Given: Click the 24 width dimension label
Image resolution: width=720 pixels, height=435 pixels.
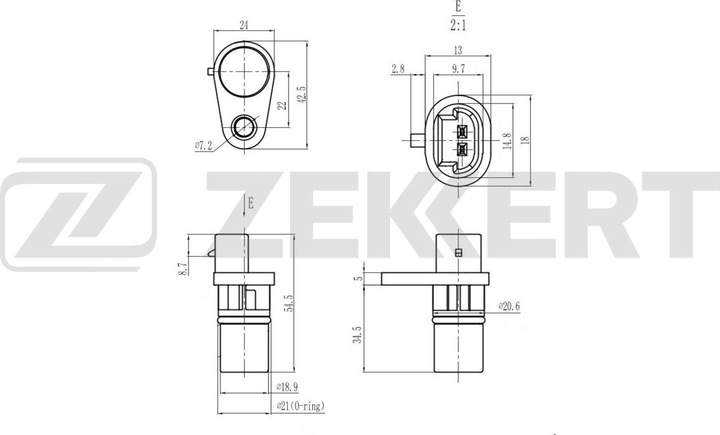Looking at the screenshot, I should pyautogui.click(x=244, y=25).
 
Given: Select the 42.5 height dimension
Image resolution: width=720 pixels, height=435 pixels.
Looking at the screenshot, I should pyautogui.click(x=301, y=95).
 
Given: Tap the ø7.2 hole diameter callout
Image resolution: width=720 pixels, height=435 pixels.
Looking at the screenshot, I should pyautogui.click(x=204, y=145).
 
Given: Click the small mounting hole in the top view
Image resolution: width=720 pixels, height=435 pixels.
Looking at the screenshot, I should pyautogui.click(x=244, y=127).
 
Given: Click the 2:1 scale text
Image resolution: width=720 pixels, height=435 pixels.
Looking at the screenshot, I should pyautogui.click(x=458, y=25).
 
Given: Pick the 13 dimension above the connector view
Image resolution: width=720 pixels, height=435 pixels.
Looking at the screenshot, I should pyautogui.click(x=457, y=50).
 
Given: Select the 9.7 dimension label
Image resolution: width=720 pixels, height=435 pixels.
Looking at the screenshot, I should pyautogui.click(x=458, y=69).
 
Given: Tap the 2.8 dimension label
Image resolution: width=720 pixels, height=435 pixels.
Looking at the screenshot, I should pyautogui.click(x=398, y=69).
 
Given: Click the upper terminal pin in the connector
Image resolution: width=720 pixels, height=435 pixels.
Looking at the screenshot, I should pyautogui.click(x=463, y=131).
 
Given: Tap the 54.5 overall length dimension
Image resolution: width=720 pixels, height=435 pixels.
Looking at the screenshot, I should pyautogui.click(x=288, y=303).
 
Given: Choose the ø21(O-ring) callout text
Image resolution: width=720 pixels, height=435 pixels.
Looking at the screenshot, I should pyautogui.click(x=300, y=406).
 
